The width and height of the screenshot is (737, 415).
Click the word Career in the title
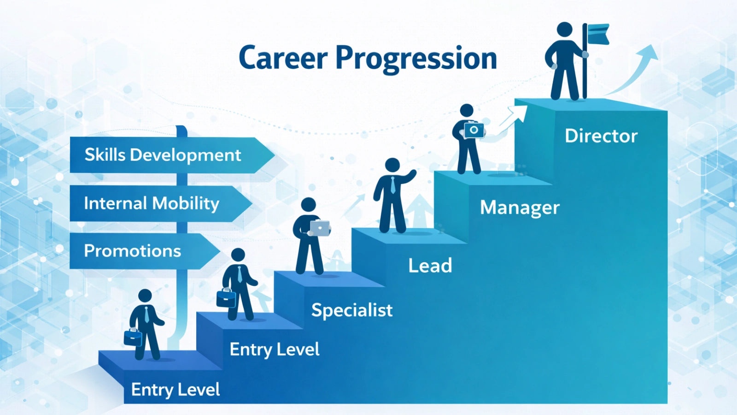[x=283, y=59]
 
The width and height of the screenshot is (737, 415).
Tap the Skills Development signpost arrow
[x=170, y=155]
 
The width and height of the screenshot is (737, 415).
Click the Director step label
[x=601, y=136]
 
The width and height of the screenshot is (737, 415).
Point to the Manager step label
[x=520, y=207]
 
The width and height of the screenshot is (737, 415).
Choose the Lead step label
[x=430, y=266]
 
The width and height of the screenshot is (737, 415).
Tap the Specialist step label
[x=352, y=310]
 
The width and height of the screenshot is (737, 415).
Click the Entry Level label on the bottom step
[x=175, y=390]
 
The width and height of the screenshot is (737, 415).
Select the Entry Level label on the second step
[x=275, y=350]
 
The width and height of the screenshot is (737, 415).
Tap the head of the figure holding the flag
[x=564, y=29]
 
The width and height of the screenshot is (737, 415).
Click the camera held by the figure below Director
[x=474, y=130]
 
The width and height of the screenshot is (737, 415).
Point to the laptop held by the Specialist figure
[x=320, y=228]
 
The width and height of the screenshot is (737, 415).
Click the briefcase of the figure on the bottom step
[x=133, y=338]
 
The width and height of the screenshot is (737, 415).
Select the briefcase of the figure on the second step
[x=226, y=298]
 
